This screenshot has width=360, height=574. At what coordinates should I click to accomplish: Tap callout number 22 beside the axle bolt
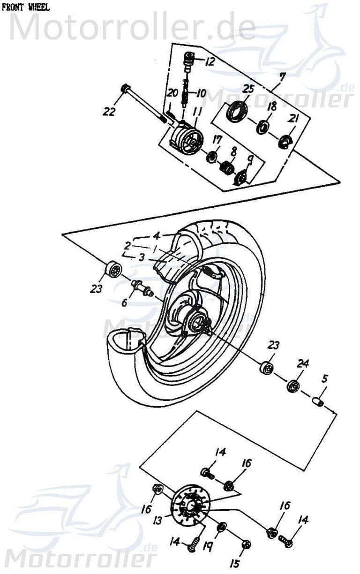[110, 111]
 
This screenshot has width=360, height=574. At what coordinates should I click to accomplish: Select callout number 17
[216, 139]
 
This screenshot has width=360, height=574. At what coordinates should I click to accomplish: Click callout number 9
[250, 161]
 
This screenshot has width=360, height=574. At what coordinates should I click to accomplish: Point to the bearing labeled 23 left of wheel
[112, 271]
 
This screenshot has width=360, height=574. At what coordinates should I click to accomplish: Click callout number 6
[124, 303]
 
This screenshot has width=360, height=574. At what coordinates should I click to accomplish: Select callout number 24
[303, 363]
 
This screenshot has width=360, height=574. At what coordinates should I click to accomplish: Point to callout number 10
[201, 93]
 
